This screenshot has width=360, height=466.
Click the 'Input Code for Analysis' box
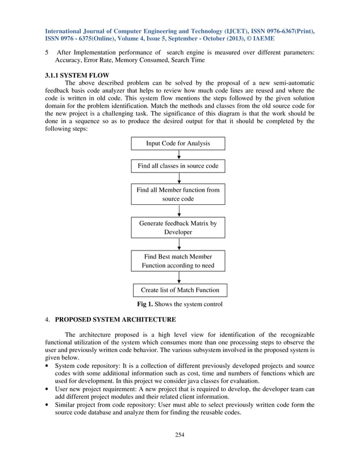coord(178,143)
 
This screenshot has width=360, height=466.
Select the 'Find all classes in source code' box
coord(178,166)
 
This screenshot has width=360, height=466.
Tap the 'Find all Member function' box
coord(178,195)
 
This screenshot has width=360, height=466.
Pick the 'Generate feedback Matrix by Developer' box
coord(178,228)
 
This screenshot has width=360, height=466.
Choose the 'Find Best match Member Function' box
coord(178,261)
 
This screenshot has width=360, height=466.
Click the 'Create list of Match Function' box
coord(179,291)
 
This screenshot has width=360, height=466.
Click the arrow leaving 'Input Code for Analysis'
coord(178,155)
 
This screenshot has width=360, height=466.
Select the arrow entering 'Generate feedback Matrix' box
coord(178,212)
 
